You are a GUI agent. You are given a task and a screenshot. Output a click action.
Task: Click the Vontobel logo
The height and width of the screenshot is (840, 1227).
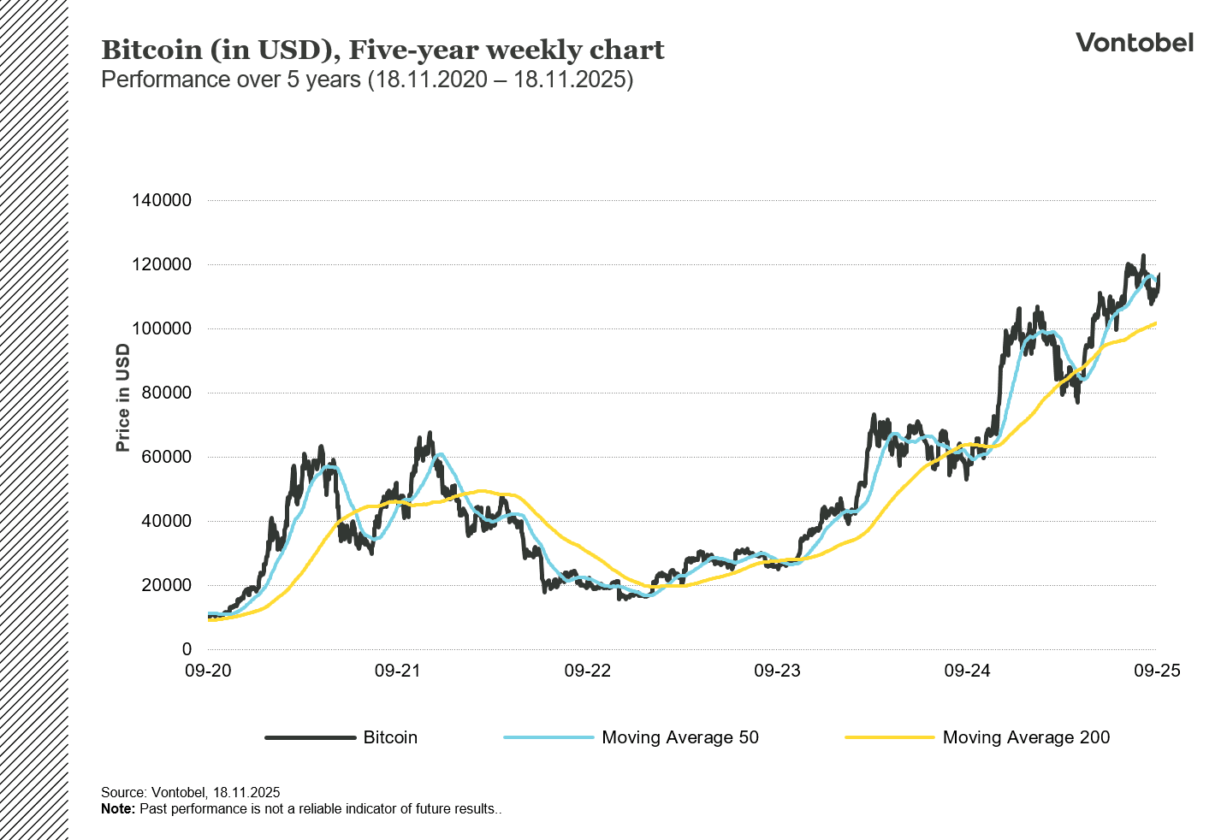(1134, 43)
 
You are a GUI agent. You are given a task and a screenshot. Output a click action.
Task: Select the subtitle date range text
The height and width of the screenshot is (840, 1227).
(501, 80)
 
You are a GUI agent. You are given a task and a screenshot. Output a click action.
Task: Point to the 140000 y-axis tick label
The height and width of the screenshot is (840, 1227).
(162, 200)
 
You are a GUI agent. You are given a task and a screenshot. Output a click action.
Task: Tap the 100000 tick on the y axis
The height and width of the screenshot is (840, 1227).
(162, 328)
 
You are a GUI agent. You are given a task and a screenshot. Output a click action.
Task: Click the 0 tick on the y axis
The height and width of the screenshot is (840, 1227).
(187, 649)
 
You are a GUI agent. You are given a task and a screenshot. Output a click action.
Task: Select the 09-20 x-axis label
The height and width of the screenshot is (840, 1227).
(208, 671)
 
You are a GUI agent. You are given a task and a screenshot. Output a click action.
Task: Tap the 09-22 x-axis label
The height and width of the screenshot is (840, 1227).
(588, 671)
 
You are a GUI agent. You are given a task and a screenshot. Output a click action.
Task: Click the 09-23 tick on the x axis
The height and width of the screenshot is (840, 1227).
(777, 671)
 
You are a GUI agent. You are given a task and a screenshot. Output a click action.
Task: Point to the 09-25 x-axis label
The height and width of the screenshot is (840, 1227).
(1157, 671)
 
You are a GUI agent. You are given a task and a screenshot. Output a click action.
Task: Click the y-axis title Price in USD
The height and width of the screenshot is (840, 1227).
(123, 398)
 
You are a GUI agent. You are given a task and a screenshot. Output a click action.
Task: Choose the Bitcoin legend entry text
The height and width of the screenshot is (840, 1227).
(390, 737)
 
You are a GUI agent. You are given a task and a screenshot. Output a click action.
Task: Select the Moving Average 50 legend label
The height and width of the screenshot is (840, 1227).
(680, 737)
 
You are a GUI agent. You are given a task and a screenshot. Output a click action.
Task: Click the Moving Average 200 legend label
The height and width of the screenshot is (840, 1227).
(1026, 737)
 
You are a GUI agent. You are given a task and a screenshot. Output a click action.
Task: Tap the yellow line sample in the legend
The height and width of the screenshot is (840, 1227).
(889, 737)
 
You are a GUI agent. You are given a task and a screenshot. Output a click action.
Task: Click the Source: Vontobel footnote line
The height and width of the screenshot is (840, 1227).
(191, 793)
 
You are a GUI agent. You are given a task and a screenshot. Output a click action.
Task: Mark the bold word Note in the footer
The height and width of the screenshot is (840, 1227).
(117, 808)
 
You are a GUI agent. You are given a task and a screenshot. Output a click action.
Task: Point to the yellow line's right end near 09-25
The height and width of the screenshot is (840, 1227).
(1155, 323)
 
